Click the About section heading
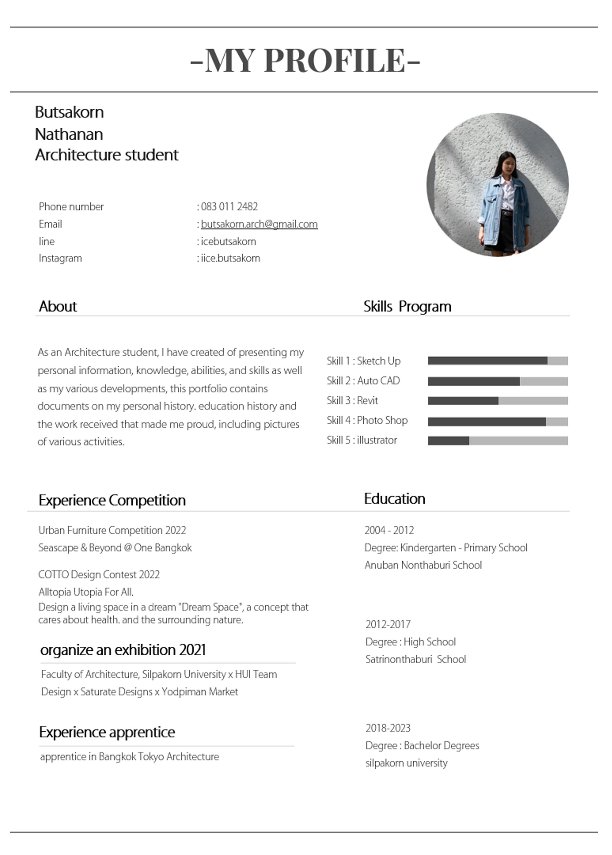(58, 306)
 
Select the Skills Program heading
(407, 306)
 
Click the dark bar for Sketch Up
(487, 361)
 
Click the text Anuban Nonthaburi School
(423, 565)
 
